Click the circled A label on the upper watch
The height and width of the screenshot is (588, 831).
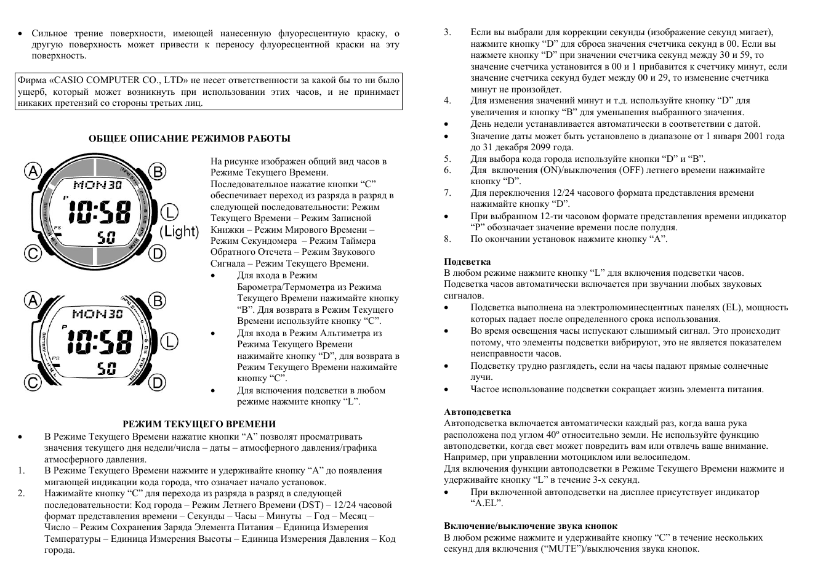(33, 171)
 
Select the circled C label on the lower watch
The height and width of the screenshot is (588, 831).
(33, 383)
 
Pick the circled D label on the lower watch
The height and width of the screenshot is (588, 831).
(158, 383)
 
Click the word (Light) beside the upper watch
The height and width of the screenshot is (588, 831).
(180, 232)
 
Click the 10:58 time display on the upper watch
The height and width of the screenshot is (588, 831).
(99, 213)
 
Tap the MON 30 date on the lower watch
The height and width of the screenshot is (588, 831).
(97, 314)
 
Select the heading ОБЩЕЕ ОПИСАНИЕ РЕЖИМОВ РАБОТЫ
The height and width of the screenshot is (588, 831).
(190, 139)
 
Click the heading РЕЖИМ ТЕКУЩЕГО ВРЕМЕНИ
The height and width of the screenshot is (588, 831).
(199, 424)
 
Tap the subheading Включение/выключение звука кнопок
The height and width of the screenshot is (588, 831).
(531, 526)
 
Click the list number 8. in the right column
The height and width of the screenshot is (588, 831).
(448, 239)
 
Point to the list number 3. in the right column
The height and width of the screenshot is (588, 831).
(448, 32)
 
